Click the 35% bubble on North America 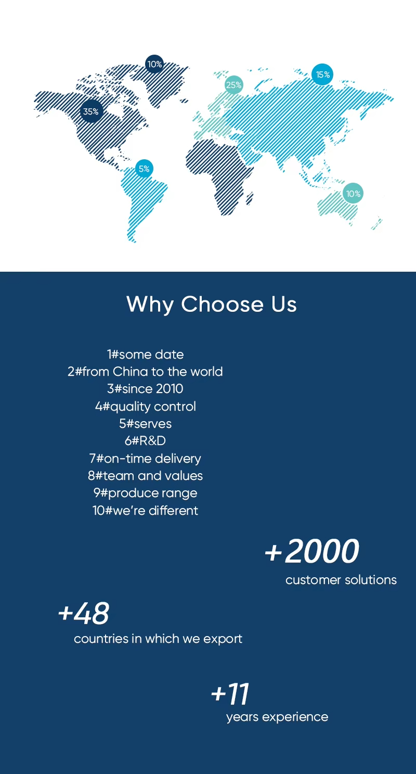click(92, 111)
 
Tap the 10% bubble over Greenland click(154, 64)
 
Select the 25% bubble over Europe click(233, 85)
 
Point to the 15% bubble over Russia click(322, 74)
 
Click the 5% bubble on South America click(144, 169)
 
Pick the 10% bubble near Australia click(353, 193)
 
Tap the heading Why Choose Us click(212, 304)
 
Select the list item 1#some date click(146, 354)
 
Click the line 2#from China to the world click(146, 372)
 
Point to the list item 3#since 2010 click(146, 389)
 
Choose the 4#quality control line click(146, 407)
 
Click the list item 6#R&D click(146, 441)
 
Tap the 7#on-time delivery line click(146, 459)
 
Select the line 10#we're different click(146, 510)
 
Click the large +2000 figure click(312, 551)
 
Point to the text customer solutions click(341, 580)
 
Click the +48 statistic click(84, 613)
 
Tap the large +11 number click(230, 694)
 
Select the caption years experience click(277, 717)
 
